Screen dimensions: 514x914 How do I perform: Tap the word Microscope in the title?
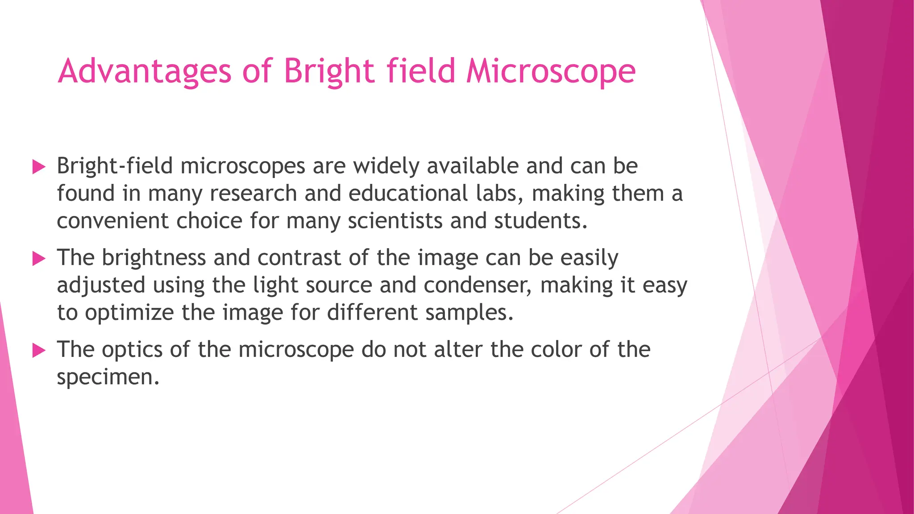tap(551, 71)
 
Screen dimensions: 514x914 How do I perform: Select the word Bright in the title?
tap(329, 71)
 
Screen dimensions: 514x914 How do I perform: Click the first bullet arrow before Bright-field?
tap(39, 167)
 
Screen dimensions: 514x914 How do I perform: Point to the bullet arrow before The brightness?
tap(39, 259)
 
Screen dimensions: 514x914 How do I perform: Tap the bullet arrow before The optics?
tap(39, 351)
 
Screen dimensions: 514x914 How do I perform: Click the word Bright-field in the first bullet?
tap(115, 166)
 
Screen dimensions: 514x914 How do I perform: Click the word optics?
tap(132, 349)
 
